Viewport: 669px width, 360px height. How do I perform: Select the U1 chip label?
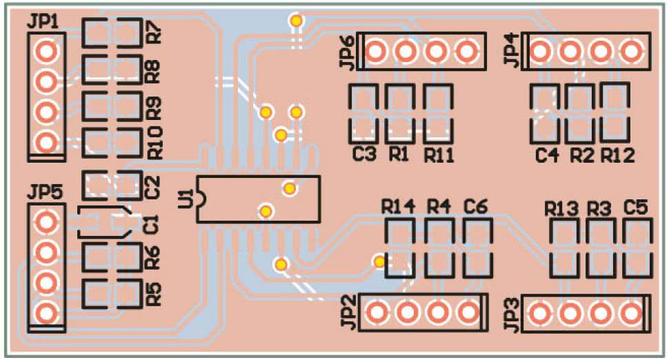pos(186,199)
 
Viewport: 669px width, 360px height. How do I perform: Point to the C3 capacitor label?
pos(364,154)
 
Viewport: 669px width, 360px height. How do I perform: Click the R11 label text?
pos(439,155)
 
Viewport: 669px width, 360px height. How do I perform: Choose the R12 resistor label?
pos(618,155)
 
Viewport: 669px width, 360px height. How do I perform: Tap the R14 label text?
pos(398,208)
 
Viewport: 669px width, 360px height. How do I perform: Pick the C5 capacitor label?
pos(636,208)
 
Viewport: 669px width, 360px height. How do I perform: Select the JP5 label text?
pos(45,192)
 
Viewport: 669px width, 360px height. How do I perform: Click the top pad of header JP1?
pos(46,51)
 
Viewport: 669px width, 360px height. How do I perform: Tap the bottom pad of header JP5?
pos(46,314)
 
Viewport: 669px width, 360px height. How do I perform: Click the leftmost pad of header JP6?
pos(375,51)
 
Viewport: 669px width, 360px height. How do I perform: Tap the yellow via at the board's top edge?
pos(296,20)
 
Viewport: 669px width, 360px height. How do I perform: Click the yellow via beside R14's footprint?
pos(379,261)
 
